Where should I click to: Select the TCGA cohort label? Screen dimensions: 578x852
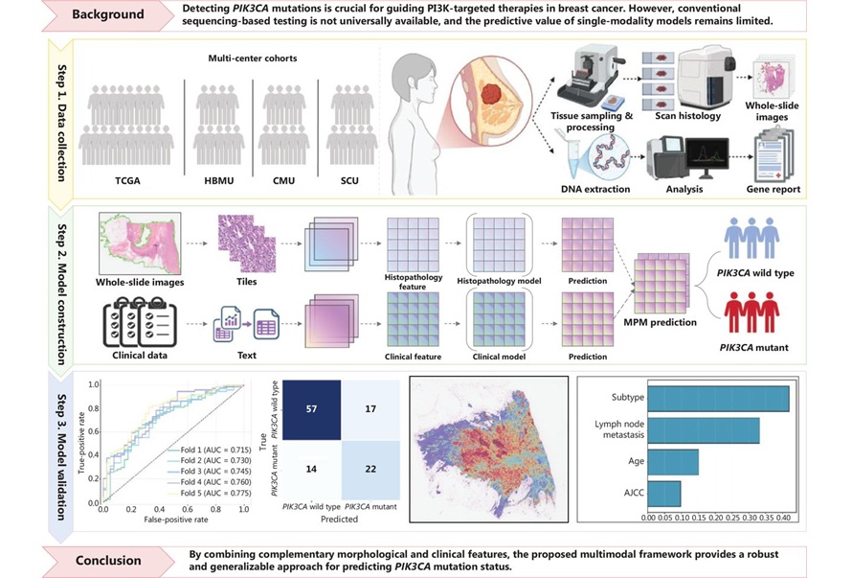pos(126,179)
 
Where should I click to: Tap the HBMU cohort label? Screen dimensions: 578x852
pos(215,179)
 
